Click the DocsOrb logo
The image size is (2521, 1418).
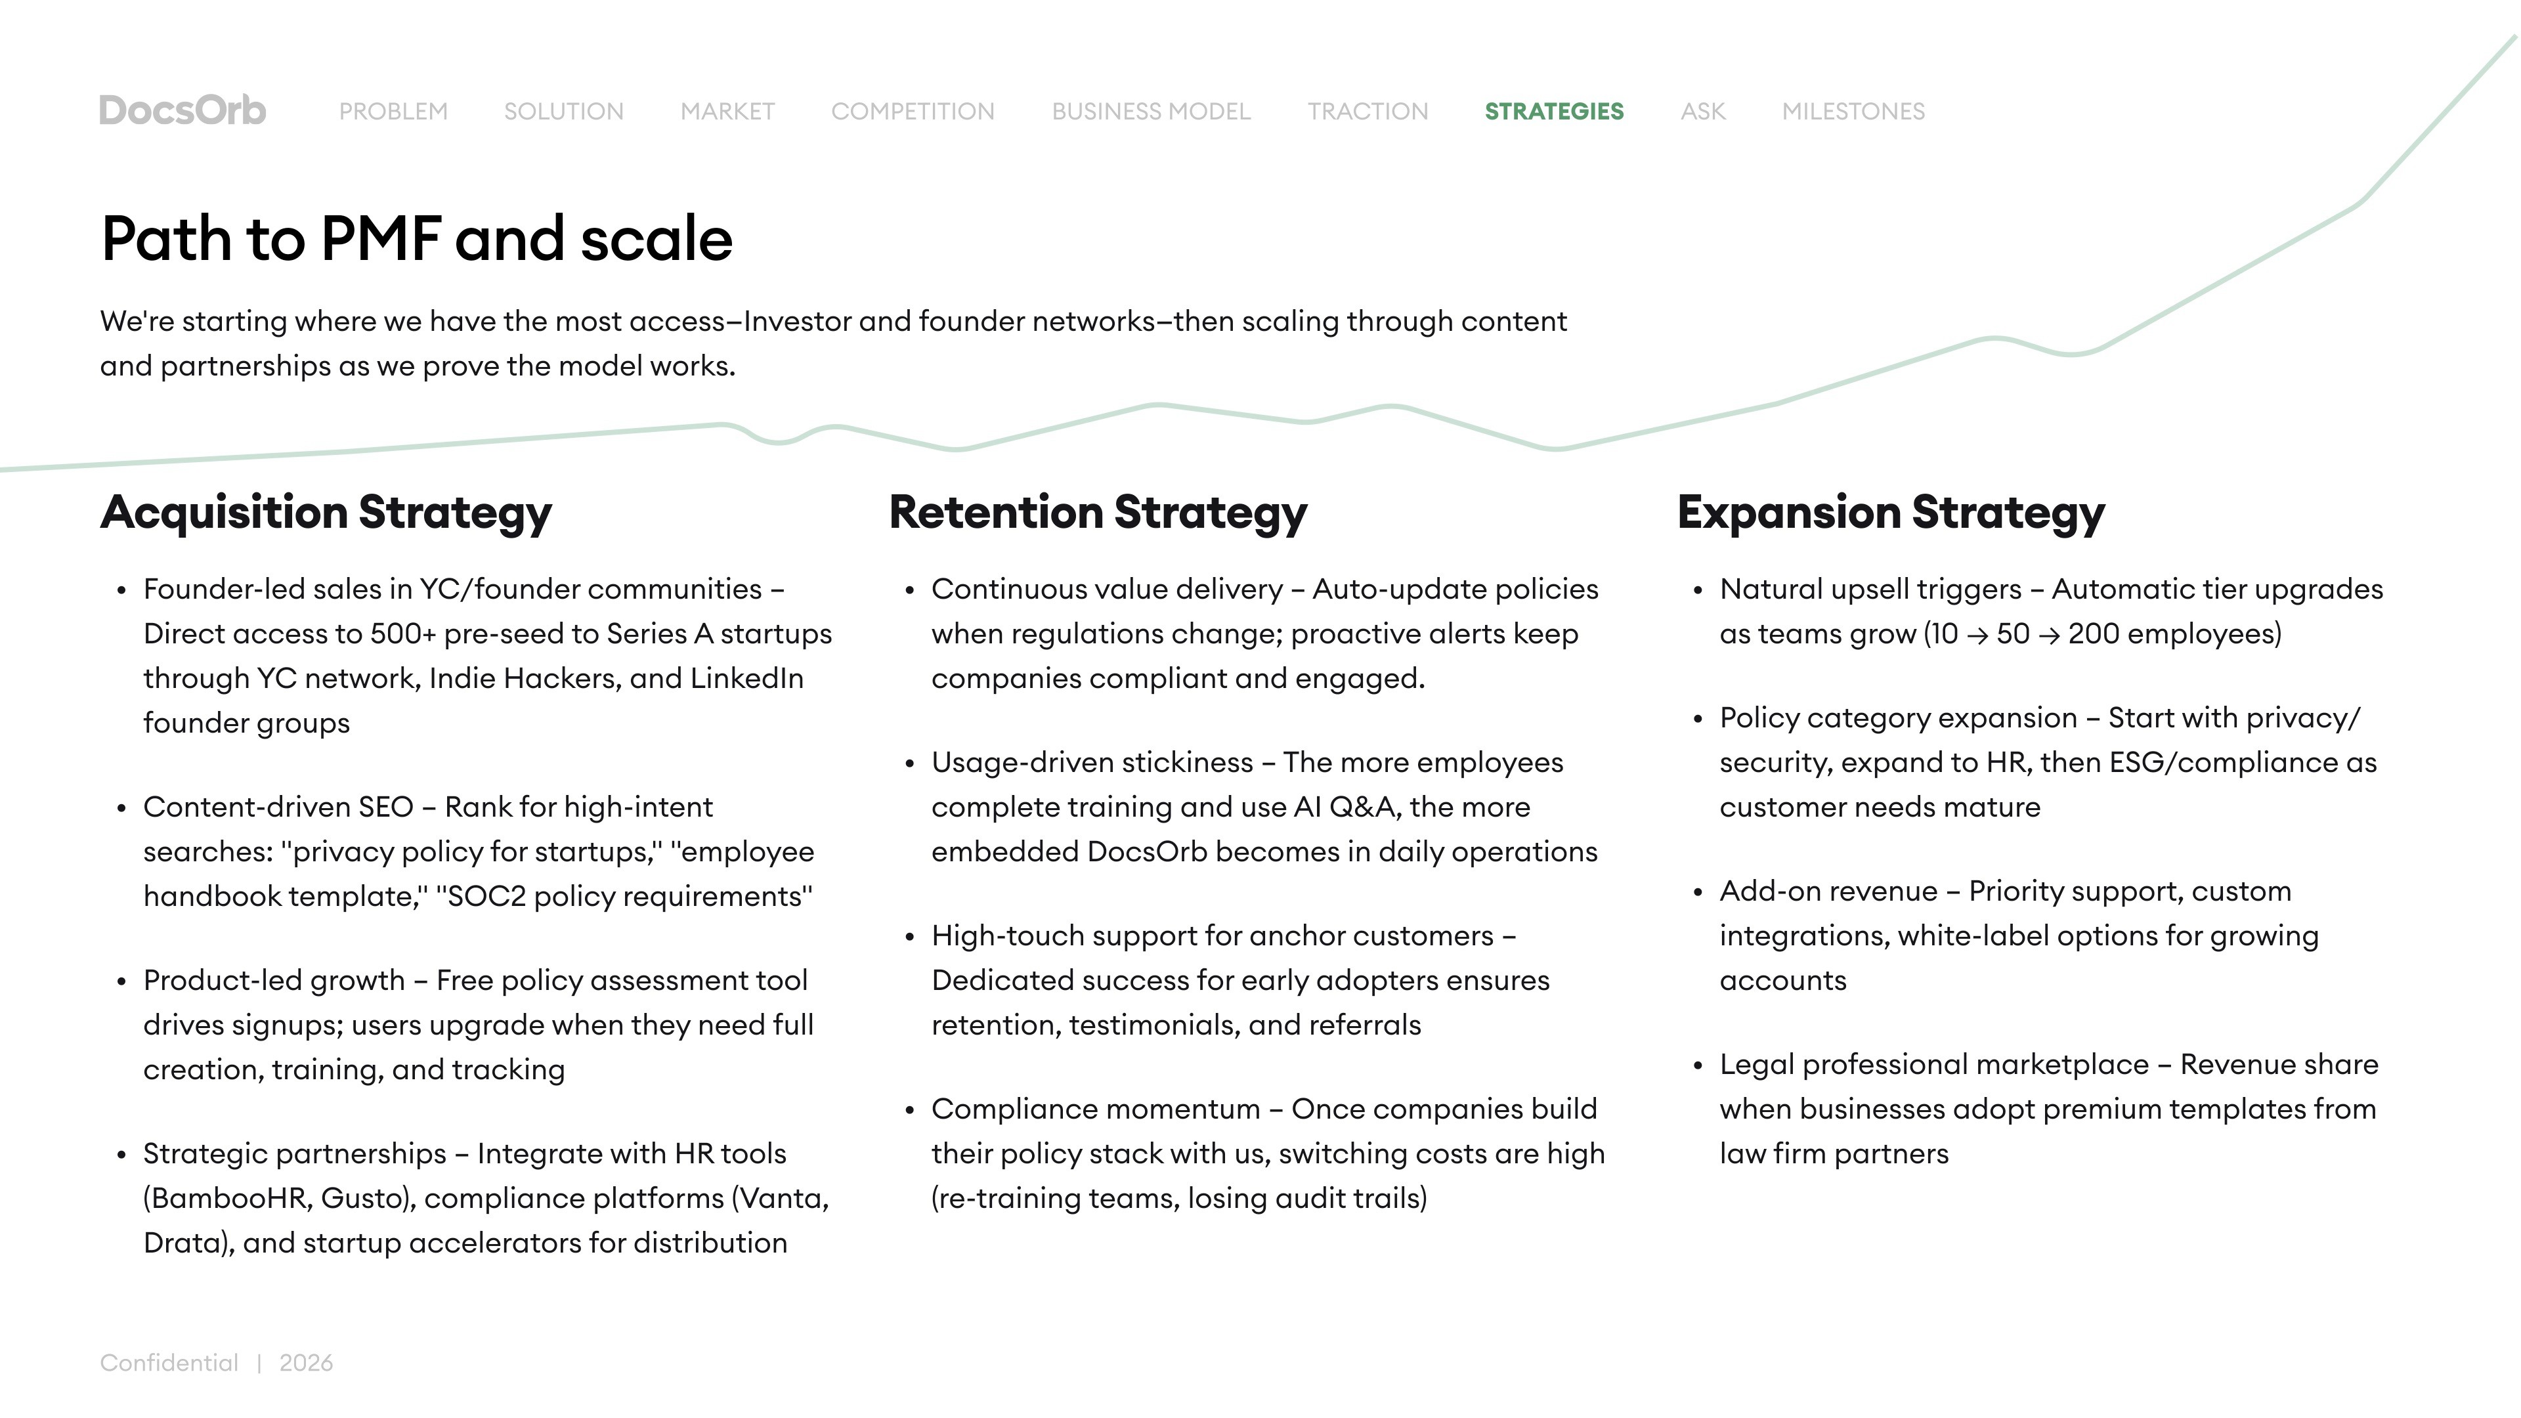(x=182, y=110)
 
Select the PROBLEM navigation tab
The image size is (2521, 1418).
(x=393, y=112)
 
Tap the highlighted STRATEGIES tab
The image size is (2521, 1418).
(x=1554, y=112)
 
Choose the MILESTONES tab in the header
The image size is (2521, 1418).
(x=1853, y=112)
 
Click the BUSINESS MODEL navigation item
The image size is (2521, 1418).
(x=1151, y=112)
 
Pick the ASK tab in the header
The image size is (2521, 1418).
(x=1703, y=112)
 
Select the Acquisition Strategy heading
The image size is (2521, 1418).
(x=326, y=512)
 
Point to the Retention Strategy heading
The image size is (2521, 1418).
(x=1097, y=512)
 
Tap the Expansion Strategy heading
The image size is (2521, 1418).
(x=1891, y=512)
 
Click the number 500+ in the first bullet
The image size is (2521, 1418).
(x=402, y=634)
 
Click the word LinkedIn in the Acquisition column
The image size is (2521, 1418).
(x=746, y=678)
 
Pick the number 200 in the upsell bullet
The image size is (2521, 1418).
(x=2094, y=634)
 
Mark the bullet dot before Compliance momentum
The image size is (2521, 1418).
(x=910, y=1111)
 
